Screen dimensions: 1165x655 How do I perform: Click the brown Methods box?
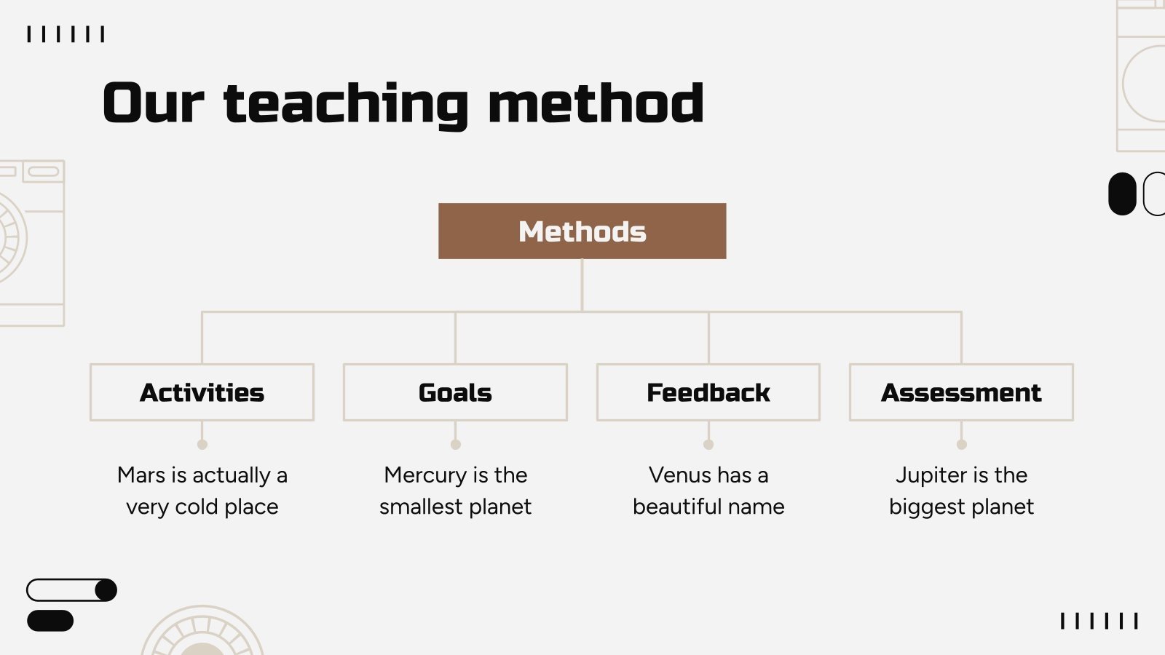point(582,231)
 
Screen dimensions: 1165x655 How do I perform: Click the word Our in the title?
point(153,103)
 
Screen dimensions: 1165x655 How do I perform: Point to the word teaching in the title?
point(346,106)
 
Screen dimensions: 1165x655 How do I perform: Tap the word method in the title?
point(596,103)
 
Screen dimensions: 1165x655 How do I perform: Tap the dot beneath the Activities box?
point(202,445)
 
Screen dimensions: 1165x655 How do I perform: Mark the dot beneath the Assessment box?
point(962,445)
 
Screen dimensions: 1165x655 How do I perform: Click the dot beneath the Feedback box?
point(708,445)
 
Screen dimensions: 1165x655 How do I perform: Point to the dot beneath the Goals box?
point(456,445)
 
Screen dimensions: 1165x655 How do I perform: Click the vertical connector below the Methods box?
point(582,285)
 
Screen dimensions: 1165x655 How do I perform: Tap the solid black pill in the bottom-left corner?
point(50,621)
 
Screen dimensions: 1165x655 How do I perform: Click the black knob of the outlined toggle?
point(106,590)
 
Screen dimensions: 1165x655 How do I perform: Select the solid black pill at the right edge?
point(1122,194)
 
